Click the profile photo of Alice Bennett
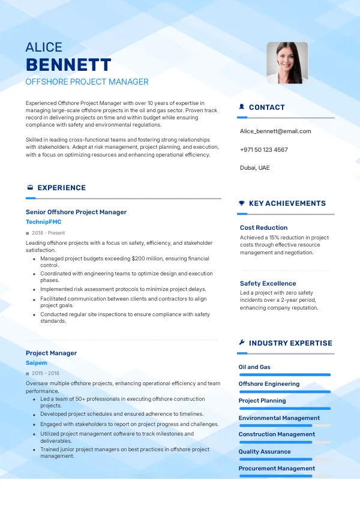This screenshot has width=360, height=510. click(287, 62)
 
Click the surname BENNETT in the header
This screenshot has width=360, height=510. click(68, 65)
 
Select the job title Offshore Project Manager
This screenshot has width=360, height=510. click(87, 82)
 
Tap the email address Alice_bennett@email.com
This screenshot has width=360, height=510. click(275, 131)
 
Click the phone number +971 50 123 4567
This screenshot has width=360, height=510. click(263, 149)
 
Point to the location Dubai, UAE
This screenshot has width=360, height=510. click(254, 167)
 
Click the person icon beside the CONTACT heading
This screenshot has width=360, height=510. click(242, 107)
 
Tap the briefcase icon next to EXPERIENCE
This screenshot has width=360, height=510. click(30, 188)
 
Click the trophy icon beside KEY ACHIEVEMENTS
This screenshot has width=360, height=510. click(242, 203)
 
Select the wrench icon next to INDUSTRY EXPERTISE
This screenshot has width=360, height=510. click(242, 343)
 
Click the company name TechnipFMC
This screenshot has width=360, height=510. click(43, 222)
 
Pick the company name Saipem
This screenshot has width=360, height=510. click(37, 363)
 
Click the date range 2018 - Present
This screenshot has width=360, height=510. click(49, 233)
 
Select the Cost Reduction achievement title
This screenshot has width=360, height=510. click(263, 227)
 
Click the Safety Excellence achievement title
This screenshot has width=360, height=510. click(268, 283)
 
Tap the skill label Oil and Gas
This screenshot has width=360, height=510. click(254, 367)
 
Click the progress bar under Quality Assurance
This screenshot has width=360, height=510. click(276, 459)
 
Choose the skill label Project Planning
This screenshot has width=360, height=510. click(262, 400)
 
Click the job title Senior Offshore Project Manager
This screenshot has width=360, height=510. click(76, 212)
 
